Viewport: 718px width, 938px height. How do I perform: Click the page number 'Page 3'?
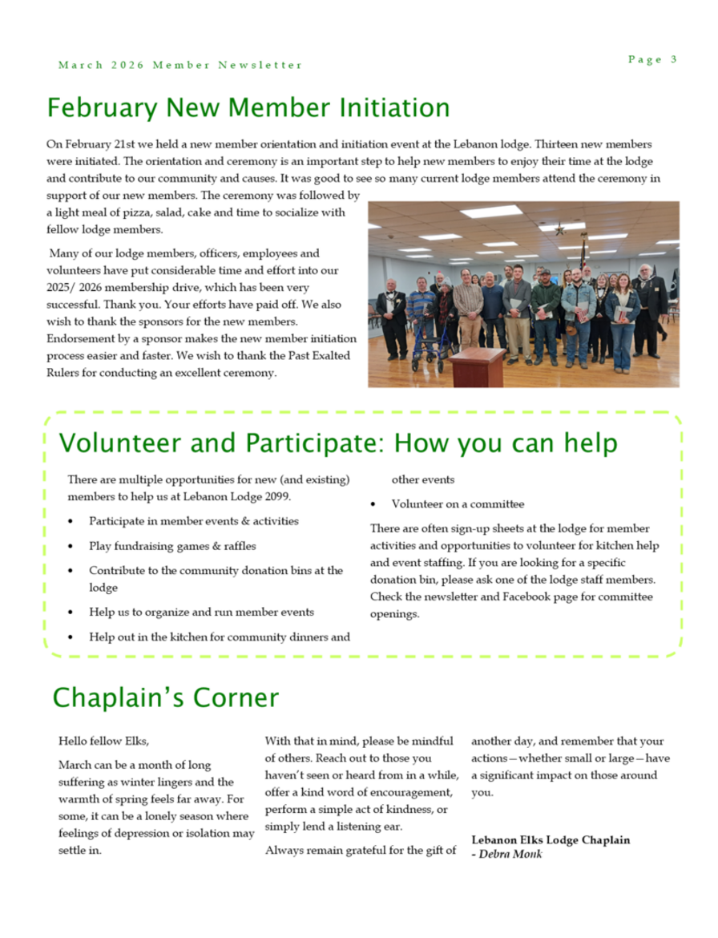point(652,59)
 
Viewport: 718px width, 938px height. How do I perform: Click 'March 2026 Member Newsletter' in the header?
point(180,65)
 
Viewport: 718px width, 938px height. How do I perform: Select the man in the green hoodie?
point(547,309)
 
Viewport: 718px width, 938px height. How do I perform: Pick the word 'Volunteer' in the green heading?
point(124,443)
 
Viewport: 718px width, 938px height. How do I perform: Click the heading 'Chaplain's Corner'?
point(165,697)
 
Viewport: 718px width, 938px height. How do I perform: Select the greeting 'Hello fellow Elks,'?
point(104,741)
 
